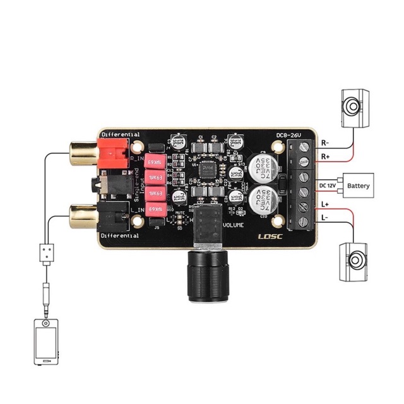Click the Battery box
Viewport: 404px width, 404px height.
tap(358, 186)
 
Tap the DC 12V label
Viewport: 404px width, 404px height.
tap(328, 185)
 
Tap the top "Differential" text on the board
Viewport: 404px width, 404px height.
tap(119, 135)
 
